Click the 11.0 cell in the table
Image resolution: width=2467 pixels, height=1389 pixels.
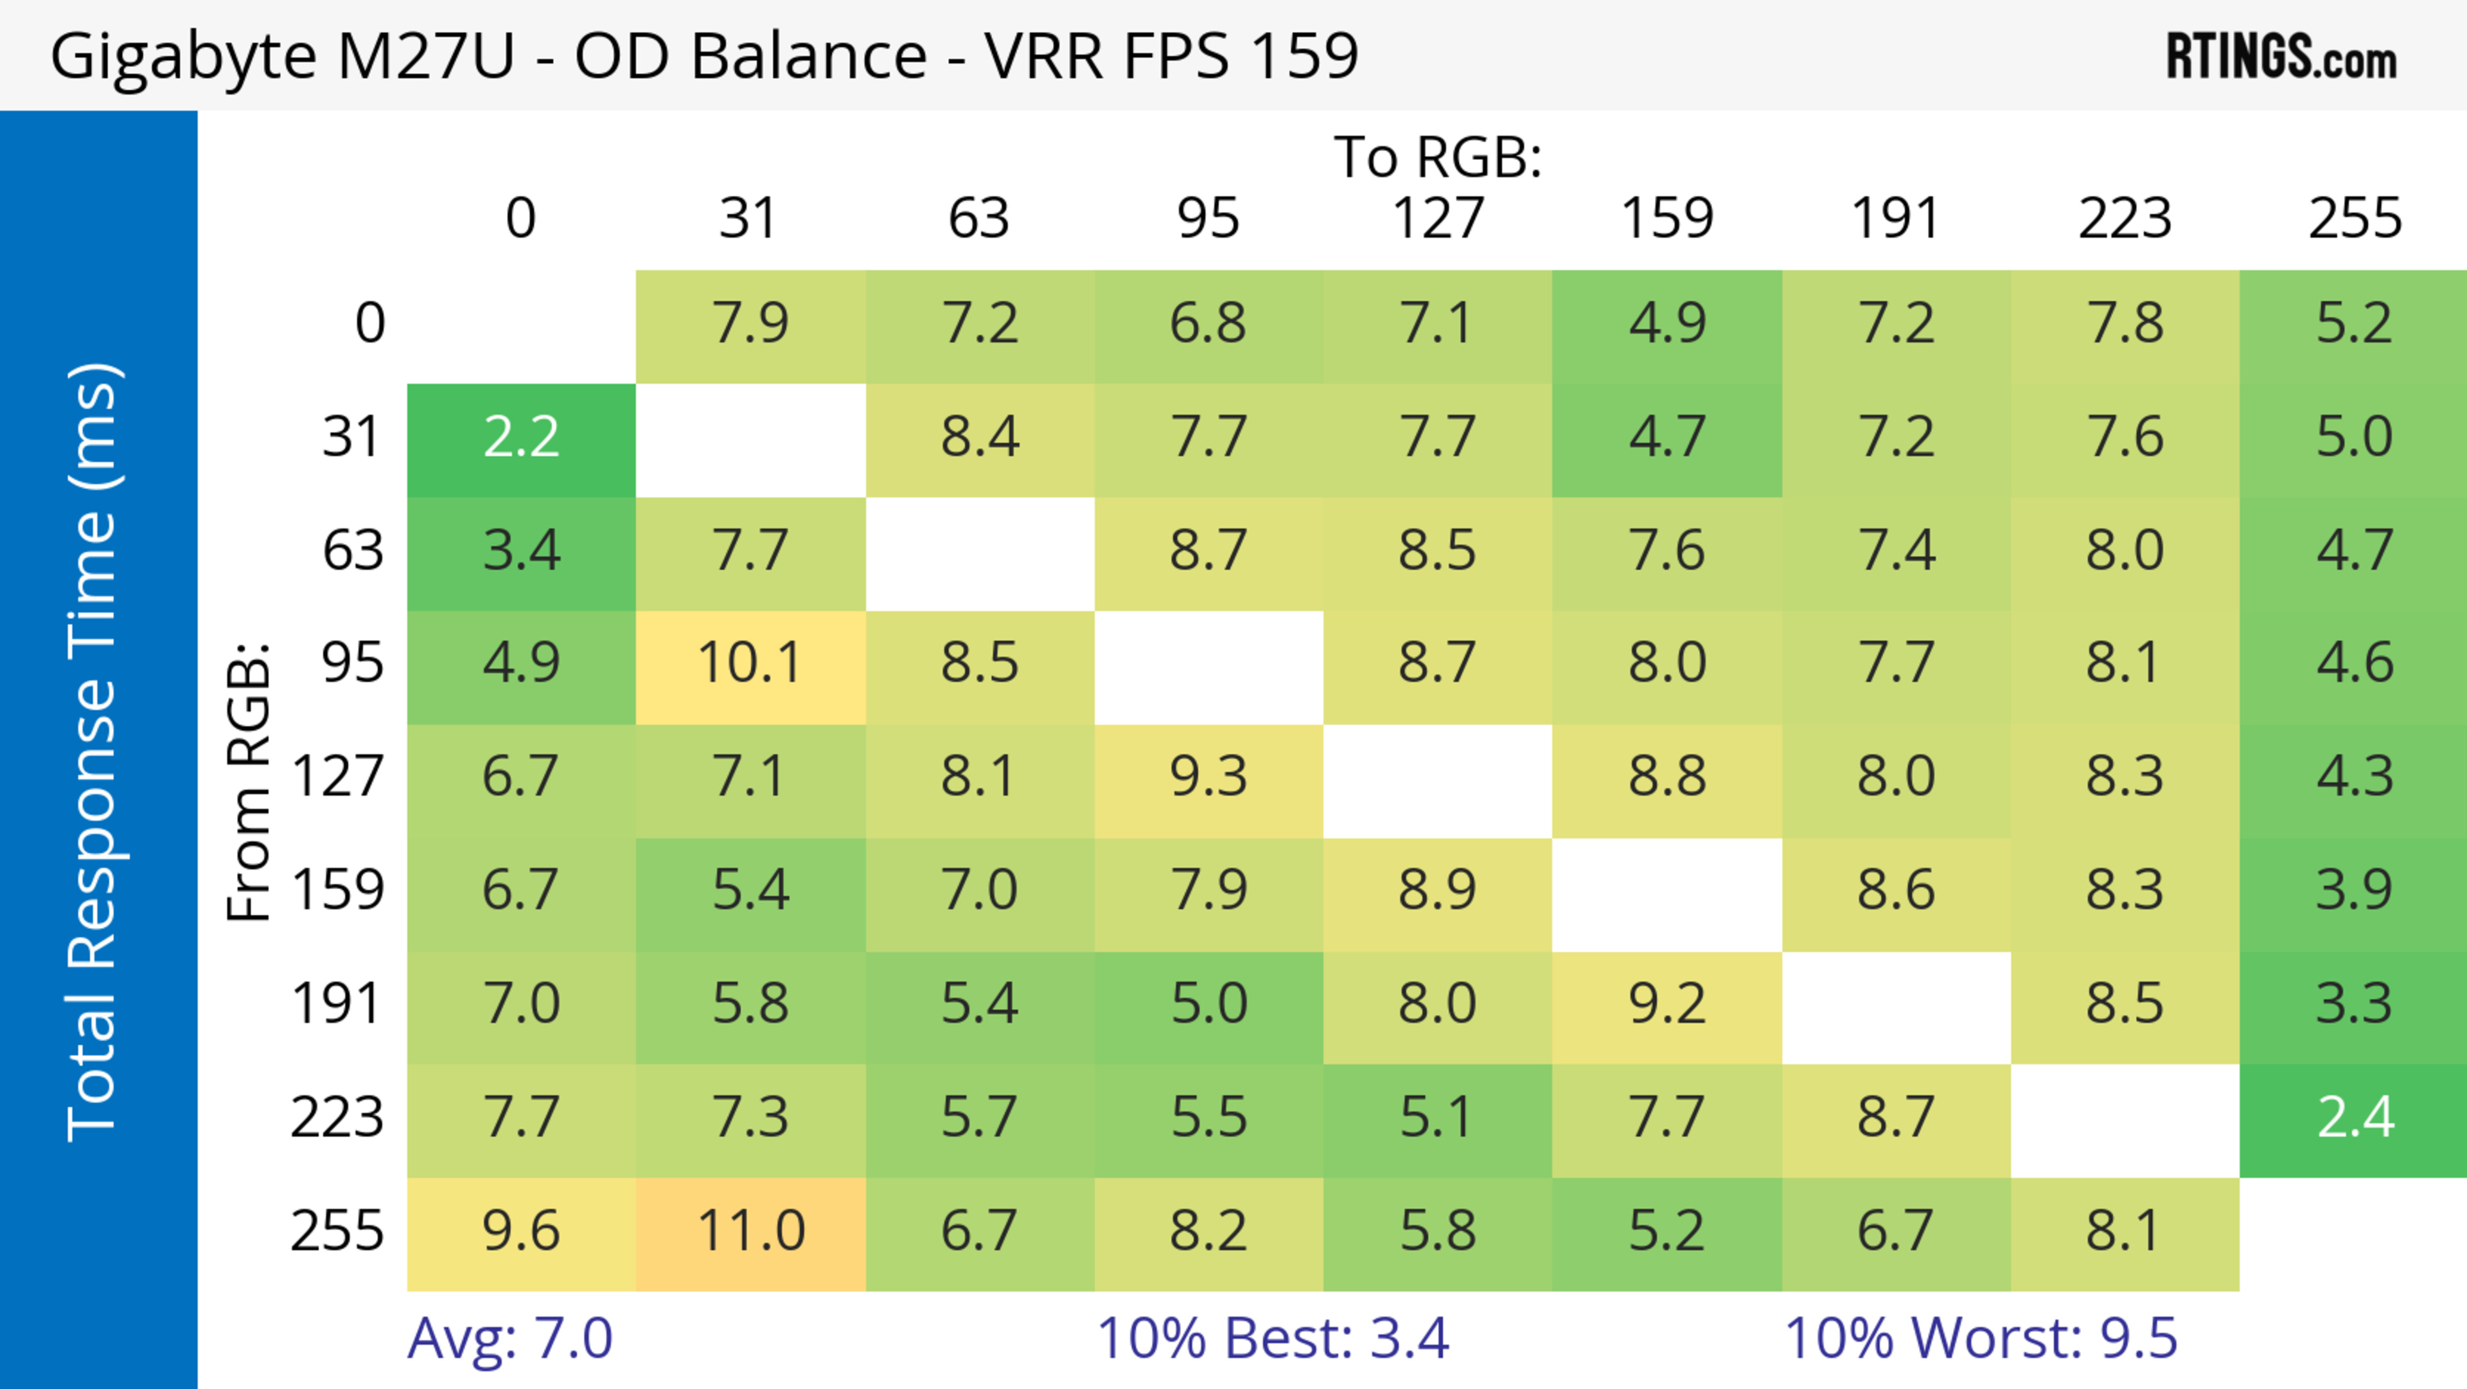point(751,1231)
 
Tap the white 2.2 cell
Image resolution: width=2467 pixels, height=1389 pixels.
point(521,438)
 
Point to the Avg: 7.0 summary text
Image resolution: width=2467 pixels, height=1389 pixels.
point(509,1338)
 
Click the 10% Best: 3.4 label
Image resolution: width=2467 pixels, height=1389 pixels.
point(1272,1338)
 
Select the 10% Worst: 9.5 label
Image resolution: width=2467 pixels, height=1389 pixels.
point(1981,1338)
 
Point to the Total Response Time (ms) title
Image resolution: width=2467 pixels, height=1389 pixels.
point(94,752)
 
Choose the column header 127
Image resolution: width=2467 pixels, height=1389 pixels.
point(1438,219)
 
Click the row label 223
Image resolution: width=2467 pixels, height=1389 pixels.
point(337,1118)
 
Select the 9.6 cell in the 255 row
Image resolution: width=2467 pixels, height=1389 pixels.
point(521,1231)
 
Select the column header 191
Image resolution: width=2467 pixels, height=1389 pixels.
point(1897,219)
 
